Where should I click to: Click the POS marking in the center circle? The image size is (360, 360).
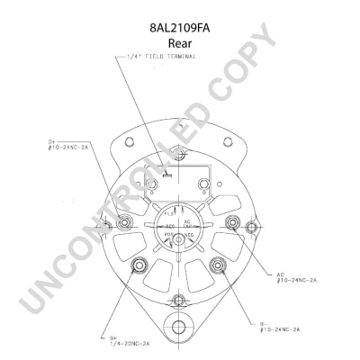pos(168,231)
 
